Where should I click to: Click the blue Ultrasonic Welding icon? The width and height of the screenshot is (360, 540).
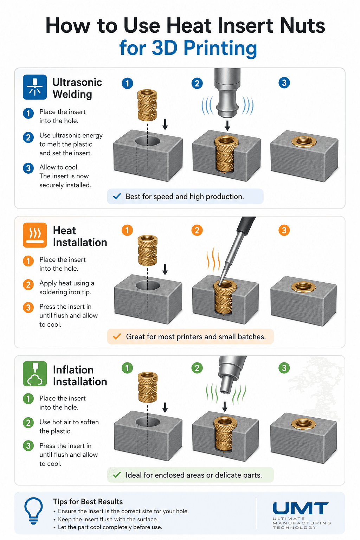35,87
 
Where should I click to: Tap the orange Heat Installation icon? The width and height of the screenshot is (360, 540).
35,235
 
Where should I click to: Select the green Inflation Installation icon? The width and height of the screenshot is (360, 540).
35,374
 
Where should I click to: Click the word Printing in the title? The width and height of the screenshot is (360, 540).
220,48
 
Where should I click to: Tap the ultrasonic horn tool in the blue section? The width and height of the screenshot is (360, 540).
227,93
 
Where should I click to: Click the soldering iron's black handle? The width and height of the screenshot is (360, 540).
246,225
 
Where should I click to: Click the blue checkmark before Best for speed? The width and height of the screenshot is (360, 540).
117,196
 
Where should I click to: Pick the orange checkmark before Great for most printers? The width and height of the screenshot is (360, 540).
117,336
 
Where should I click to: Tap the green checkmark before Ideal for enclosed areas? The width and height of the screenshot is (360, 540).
117,475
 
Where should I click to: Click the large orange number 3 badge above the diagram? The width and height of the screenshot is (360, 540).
284,230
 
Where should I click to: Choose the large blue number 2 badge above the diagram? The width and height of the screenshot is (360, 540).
197,83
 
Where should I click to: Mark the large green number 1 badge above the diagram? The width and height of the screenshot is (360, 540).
127,368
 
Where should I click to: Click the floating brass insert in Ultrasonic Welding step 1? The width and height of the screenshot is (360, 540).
147,105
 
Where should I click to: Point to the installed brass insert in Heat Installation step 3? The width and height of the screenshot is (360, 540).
303,287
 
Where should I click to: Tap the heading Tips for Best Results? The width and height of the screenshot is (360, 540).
88,502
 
